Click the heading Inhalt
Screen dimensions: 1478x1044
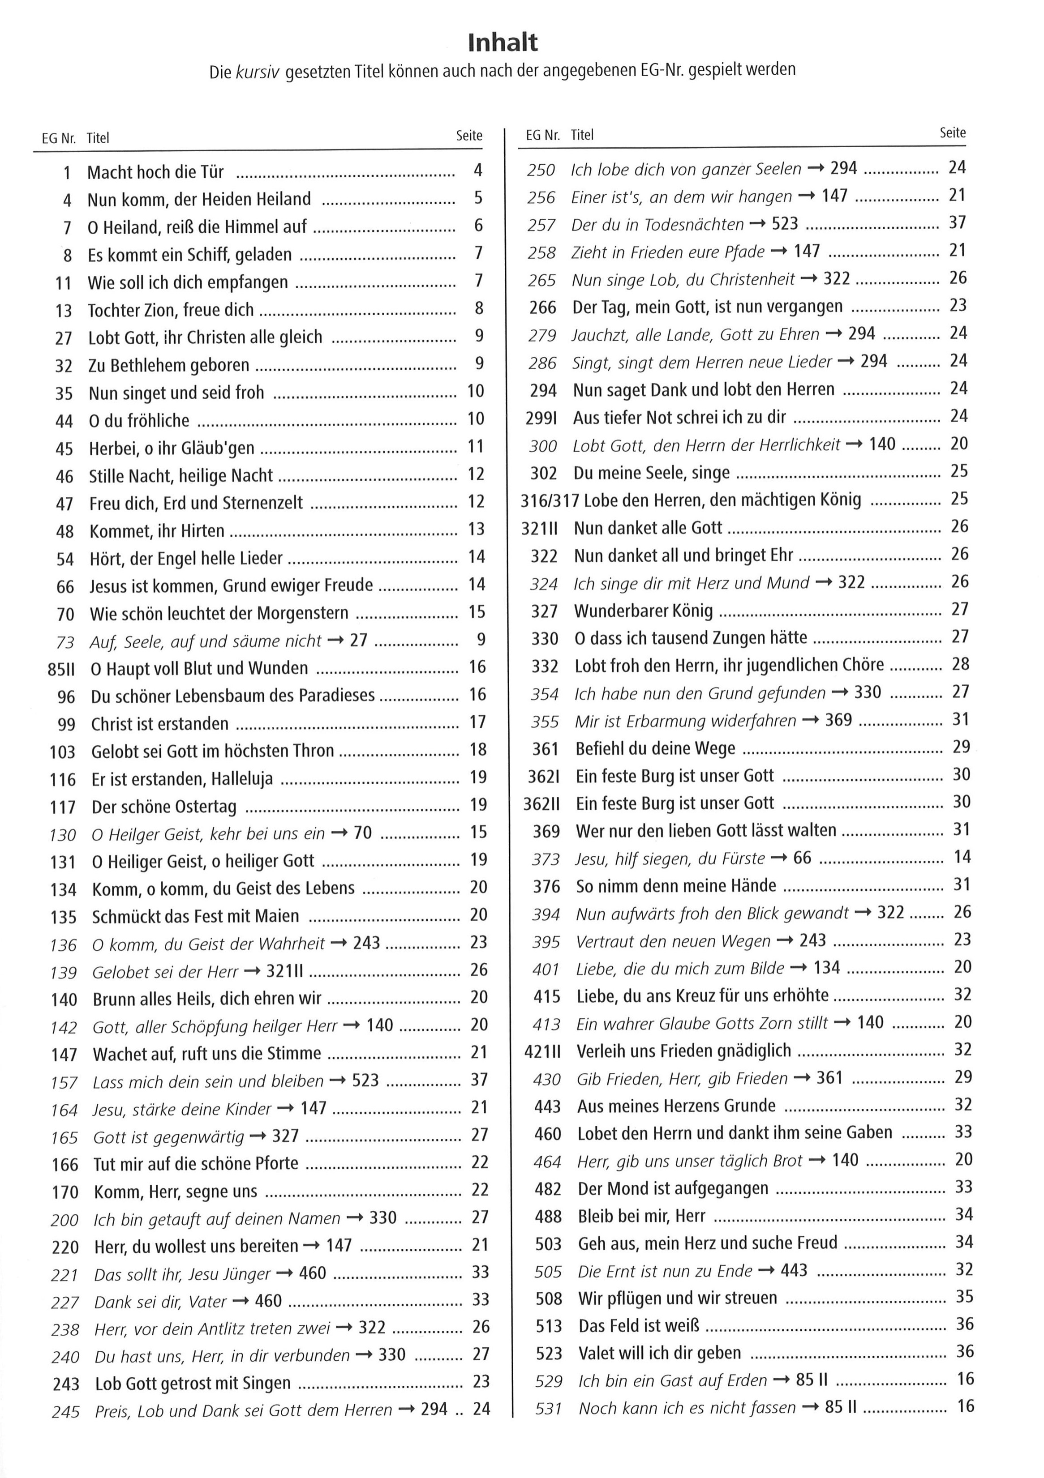click(x=503, y=43)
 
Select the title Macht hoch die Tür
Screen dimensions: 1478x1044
click(x=155, y=172)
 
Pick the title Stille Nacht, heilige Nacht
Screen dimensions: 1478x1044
click(x=181, y=476)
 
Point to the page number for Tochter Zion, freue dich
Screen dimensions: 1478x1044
click(x=478, y=308)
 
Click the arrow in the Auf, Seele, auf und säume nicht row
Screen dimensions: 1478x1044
click(x=335, y=640)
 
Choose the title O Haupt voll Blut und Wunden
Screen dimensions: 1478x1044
click(x=199, y=668)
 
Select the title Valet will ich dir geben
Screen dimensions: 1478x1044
click(x=660, y=1353)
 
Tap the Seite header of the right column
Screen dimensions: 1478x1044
click(x=953, y=132)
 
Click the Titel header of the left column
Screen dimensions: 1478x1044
click(x=98, y=138)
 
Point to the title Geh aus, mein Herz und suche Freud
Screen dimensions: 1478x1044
click(x=707, y=1243)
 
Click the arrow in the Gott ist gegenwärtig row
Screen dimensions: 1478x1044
click(x=258, y=1136)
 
